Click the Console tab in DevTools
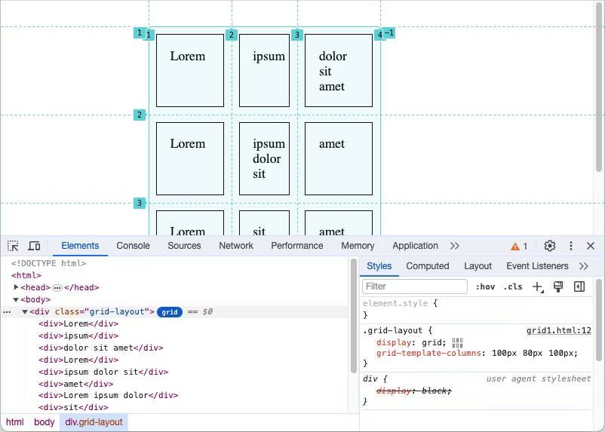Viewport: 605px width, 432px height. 133,246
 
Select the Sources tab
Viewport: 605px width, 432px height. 184,246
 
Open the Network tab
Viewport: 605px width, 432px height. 236,246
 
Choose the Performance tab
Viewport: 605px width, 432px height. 297,246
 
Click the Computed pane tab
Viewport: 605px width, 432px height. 427,266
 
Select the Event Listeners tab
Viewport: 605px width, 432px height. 537,266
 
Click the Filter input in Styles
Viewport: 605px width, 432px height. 415,286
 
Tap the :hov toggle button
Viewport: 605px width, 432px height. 485,286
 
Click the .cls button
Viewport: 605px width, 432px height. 513,286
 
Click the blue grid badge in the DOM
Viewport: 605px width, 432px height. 170,312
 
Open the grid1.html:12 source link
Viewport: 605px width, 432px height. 558,330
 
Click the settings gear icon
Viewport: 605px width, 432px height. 550,246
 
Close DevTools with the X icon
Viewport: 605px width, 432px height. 591,246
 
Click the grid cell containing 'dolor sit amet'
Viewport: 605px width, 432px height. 339,70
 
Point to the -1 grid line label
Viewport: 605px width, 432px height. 389,33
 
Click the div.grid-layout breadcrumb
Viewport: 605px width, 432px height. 94,422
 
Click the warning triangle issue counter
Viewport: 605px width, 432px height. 519,247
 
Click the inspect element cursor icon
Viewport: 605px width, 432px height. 13,246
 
